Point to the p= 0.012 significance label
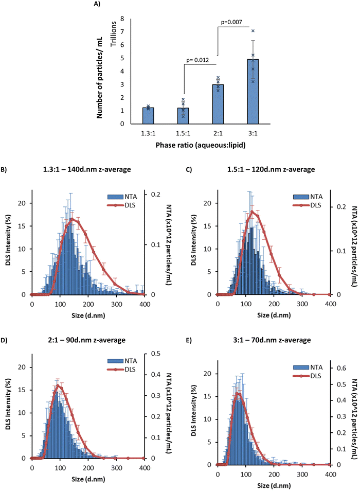pos(196,60)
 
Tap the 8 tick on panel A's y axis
pos(122,19)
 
